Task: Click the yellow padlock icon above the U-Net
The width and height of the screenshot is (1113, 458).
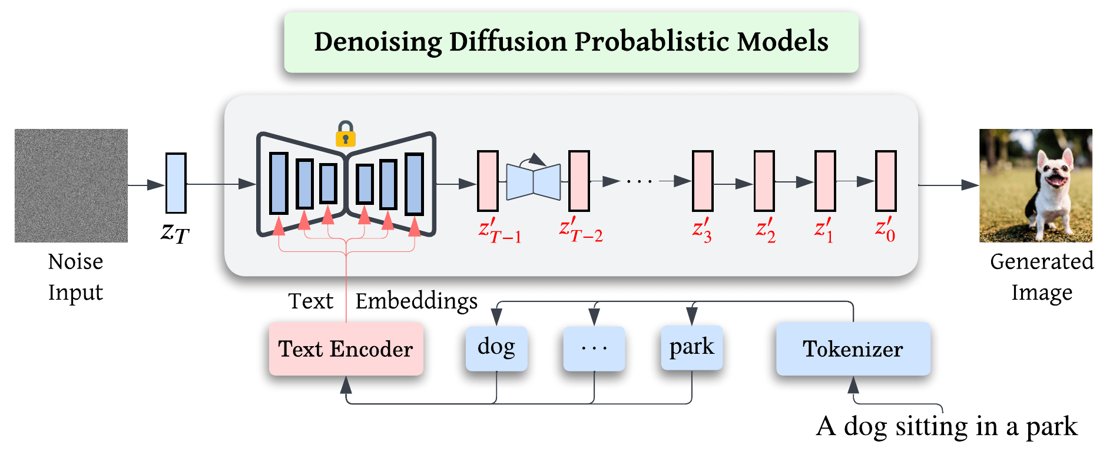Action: [x=346, y=134]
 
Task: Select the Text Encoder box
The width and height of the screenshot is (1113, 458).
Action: [x=346, y=349]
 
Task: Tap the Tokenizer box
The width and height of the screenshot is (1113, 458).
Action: [x=853, y=349]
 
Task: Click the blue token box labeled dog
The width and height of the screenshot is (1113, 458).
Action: [x=496, y=349]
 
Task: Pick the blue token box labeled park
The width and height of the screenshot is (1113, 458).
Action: [x=692, y=349]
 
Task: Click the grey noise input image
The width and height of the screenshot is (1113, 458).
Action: [x=71, y=185]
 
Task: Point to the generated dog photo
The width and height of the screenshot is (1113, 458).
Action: [x=1036, y=185]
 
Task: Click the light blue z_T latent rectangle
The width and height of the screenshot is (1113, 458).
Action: [x=176, y=183]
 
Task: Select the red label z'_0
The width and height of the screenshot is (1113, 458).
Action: [x=886, y=230]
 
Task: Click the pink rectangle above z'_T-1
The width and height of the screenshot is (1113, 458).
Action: [x=488, y=181]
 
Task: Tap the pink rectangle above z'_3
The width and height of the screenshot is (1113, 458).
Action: [x=703, y=181]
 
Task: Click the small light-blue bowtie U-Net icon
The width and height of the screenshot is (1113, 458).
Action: [x=534, y=181]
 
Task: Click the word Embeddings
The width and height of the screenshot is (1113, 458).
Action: [x=416, y=301]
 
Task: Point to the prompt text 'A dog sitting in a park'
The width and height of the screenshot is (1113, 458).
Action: [x=947, y=426]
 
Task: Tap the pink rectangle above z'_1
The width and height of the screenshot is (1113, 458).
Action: [x=825, y=181]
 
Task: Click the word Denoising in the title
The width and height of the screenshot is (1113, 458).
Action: [x=378, y=42]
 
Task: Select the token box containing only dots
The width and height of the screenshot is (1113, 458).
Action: [x=594, y=349]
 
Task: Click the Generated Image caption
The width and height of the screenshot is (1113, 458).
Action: [x=1042, y=277]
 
